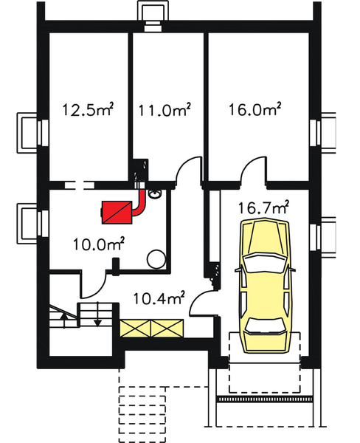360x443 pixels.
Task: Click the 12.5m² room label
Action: tap(87, 111)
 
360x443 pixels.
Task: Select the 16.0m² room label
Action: tap(255, 111)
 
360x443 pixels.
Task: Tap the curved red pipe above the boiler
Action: tap(140, 198)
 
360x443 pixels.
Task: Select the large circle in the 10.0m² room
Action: tap(156, 258)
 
